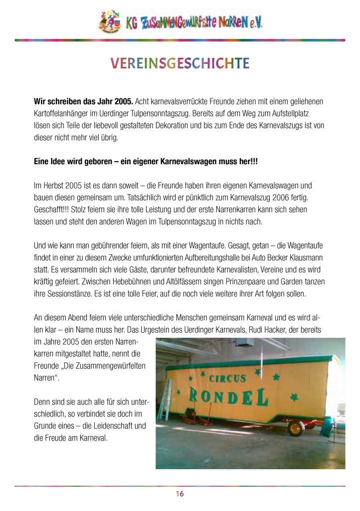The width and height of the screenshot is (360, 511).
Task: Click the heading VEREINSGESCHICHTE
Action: [180, 63]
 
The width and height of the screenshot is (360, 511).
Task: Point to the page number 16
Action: [180, 494]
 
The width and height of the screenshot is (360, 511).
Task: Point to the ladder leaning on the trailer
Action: [165, 399]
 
